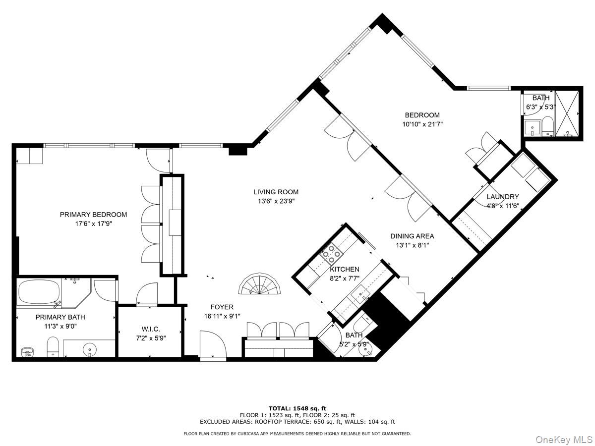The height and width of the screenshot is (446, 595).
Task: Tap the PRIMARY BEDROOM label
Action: [93, 215]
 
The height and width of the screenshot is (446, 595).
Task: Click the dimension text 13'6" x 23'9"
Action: [276, 201]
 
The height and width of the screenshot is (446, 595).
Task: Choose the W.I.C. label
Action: [151, 330]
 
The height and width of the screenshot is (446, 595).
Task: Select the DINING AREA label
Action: [412, 236]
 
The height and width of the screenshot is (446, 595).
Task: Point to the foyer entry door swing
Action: [212, 344]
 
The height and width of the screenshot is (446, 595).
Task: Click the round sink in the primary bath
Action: [90, 349]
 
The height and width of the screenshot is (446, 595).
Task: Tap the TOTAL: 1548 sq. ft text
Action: [297, 408]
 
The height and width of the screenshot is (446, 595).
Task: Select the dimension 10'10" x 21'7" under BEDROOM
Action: [422, 124]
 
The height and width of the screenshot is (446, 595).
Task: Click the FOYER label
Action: [222, 307]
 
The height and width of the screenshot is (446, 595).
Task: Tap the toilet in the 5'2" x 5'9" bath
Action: [360, 326]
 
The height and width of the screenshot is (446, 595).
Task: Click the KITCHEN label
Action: [345, 269]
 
